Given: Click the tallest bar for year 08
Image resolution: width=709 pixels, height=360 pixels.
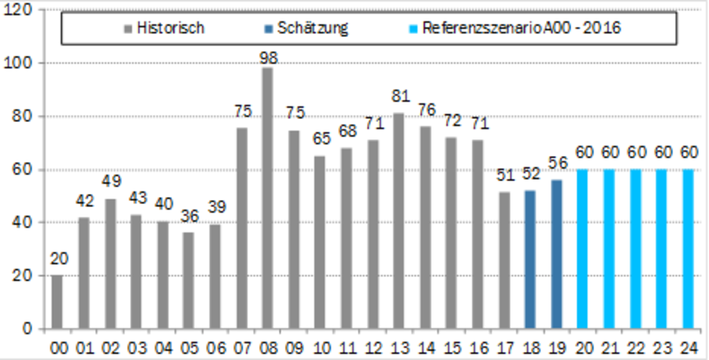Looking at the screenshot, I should [267, 198].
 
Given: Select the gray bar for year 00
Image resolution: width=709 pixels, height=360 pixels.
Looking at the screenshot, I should [57, 302].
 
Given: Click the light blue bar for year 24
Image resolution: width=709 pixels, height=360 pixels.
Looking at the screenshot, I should [688, 249].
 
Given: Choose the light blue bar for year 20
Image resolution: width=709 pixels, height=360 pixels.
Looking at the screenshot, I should [582, 249].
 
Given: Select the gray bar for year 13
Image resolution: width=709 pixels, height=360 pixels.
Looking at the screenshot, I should [399, 221].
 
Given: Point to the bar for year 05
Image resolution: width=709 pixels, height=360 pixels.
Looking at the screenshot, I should [188, 280].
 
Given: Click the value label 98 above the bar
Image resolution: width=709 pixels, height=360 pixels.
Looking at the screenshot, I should [267, 57].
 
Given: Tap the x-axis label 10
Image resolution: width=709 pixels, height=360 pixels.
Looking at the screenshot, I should [320, 346].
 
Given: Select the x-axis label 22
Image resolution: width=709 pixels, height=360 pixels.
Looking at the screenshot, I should [635, 346].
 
